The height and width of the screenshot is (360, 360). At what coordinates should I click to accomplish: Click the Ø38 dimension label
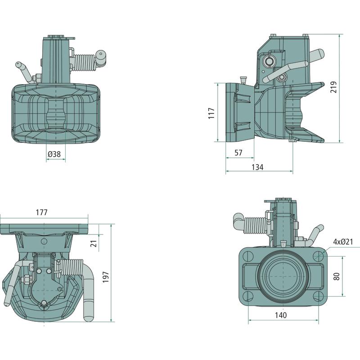pos(54,154)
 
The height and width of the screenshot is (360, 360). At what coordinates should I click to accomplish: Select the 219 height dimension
pos(334,87)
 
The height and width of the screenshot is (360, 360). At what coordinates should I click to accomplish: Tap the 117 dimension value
pos(211,112)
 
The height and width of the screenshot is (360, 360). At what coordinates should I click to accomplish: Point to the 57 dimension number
pos(238,153)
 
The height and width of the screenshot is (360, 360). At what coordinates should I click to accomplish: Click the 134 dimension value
pos(257,167)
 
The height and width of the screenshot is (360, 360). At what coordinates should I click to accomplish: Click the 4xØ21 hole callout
pos(343,242)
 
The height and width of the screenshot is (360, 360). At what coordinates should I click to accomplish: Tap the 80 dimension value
pos(337,276)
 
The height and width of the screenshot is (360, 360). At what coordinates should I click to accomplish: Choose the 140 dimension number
pos(280,315)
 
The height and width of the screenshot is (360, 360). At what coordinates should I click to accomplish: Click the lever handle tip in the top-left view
pos(19,64)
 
